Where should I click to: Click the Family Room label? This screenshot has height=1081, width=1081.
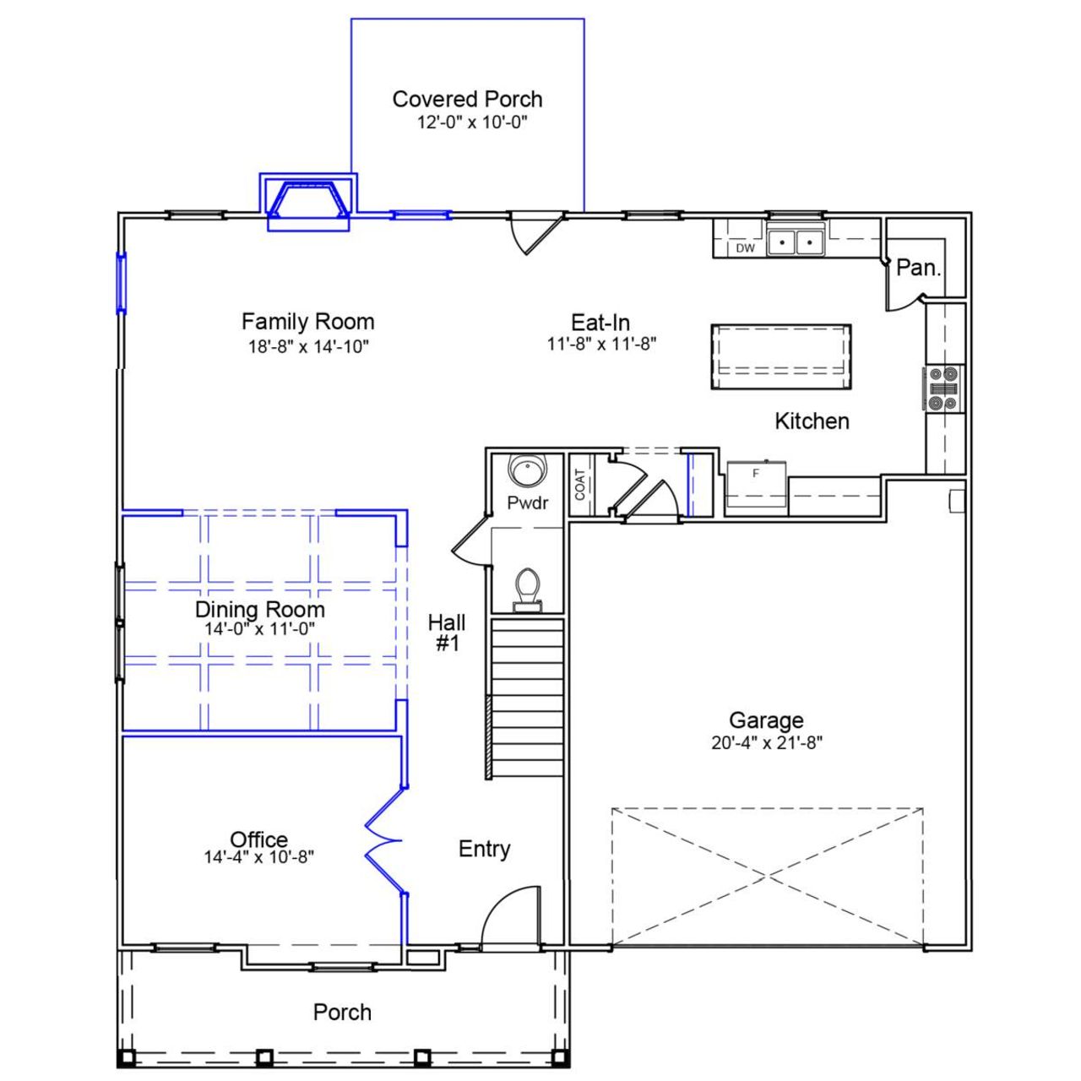click(x=307, y=322)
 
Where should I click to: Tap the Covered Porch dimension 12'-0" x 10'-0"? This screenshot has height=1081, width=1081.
click(x=471, y=122)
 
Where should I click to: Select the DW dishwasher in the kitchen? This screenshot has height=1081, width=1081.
click(x=745, y=248)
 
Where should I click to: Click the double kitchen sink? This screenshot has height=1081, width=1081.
click(x=796, y=242)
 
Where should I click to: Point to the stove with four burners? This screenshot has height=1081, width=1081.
click(x=943, y=388)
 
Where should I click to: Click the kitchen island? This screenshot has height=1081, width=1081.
click(x=780, y=356)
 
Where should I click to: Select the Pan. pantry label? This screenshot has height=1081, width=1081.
click(x=918, y=269)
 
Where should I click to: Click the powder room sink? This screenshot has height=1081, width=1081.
click(x=528, y=470)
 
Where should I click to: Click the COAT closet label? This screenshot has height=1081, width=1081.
click(x=580, y=485)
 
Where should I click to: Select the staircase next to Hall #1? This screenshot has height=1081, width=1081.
click(x=527, y=698)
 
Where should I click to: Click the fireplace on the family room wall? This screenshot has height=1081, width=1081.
click(x=308, y=203)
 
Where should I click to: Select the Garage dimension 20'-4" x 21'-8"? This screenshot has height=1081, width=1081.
click(x=766, y=743)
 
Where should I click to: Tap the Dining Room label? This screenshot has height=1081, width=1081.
click(x=259, y=610)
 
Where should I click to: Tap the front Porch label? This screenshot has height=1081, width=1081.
click(x=342, y=1012)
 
